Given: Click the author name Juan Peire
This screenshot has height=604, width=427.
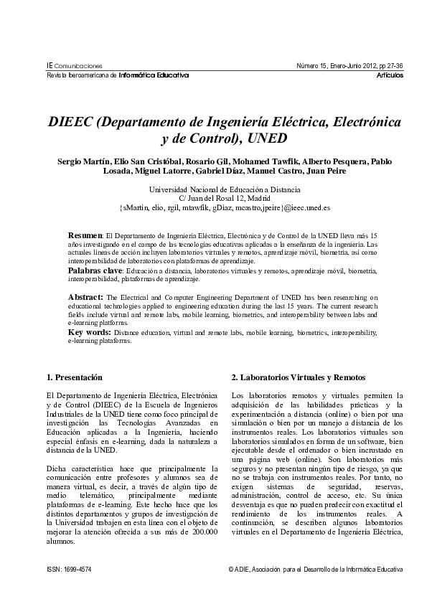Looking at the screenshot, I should [x=345, y=171].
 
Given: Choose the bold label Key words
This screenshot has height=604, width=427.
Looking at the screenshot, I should [x=89, y=332].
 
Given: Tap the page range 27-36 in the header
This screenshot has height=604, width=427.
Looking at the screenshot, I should [x=394, y=66].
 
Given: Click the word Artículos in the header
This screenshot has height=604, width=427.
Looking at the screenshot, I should [x=390, y=75].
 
